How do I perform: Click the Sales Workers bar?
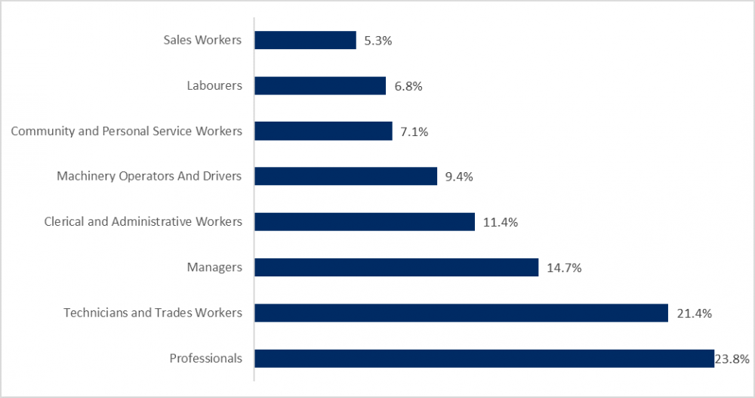pos(305,40)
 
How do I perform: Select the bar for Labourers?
pos(320,85)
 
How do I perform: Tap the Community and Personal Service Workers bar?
pos(323,131)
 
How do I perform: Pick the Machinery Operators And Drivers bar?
pos(346,176)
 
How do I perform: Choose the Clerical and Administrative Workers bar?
pos(365,221)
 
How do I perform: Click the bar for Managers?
pos(396,267)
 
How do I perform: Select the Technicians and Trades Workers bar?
pos(461,313)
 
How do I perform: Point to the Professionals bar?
pos(484,358)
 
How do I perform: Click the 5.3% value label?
pos(377,41)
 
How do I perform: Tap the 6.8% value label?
pos(408,86)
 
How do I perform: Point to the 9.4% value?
pos(458,177)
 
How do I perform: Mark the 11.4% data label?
pos(500,222)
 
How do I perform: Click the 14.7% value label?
pos(563,267)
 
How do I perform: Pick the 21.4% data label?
pos(693,313)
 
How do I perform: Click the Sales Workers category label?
pos(202,40)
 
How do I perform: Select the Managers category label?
pos(214,267)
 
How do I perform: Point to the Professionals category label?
pos(206,358)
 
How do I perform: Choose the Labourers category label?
pos(214,85)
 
